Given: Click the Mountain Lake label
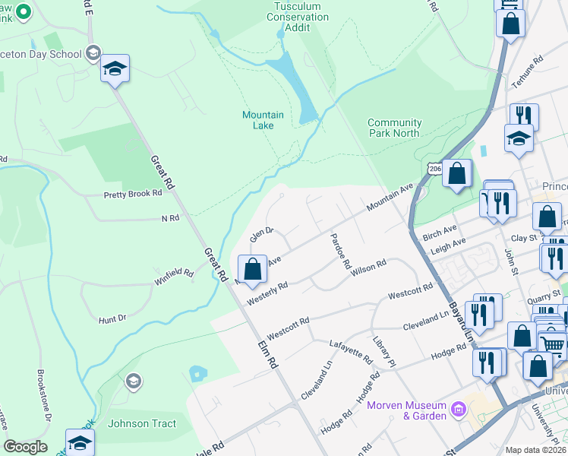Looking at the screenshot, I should click(x=263, y=120).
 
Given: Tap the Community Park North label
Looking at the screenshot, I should click(x=394, y=128).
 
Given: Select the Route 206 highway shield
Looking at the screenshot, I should click(x=434, y=167).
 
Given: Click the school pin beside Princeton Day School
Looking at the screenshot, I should click(x=115, y=69).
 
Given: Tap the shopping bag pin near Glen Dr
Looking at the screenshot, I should click(x=252, y=268).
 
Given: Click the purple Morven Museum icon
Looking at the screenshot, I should click(x=458, y=410).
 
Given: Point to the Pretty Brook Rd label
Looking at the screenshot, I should click(x=133, y=194).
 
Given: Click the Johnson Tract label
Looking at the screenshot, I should click(x=142, y=424).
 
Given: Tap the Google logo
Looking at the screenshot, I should click(x=25, y=447).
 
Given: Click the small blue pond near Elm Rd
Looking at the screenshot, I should click(x=199, y=373).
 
